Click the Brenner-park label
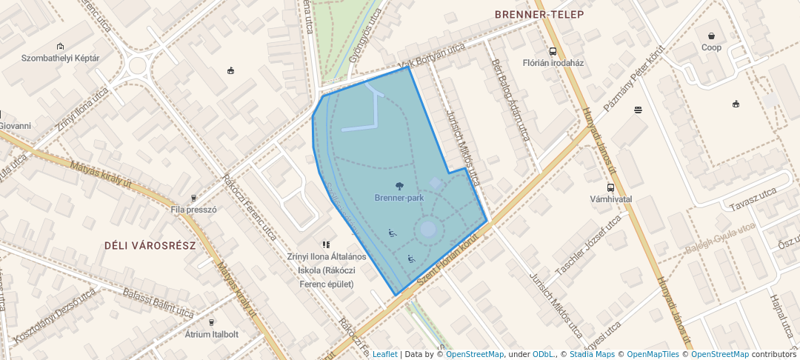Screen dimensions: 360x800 tap(399, 198)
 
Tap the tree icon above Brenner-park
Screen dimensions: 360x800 tap(400, 186)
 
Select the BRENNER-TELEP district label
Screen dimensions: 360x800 tap(539, 15)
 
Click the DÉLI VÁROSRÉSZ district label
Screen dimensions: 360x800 tap(150, 245)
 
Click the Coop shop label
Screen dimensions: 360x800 tap(711, 47)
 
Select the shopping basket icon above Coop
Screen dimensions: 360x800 tap(711, 36)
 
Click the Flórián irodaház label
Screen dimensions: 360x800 tap(553, 63)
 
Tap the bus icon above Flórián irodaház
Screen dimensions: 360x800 tap(553, 51)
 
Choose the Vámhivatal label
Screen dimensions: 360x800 tap(610, 199)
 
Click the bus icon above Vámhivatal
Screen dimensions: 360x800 tap(610, 187)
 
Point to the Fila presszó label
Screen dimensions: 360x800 tap(193, 210)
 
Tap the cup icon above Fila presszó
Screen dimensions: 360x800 tap(193, 198)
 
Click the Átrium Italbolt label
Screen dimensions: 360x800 tap(212, 334)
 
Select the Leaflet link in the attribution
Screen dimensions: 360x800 tap(384, 354)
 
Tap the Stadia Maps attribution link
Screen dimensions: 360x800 tap(592, 354)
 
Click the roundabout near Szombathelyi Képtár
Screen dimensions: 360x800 tap(136, 67)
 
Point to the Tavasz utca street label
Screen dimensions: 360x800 tap(752, 198)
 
